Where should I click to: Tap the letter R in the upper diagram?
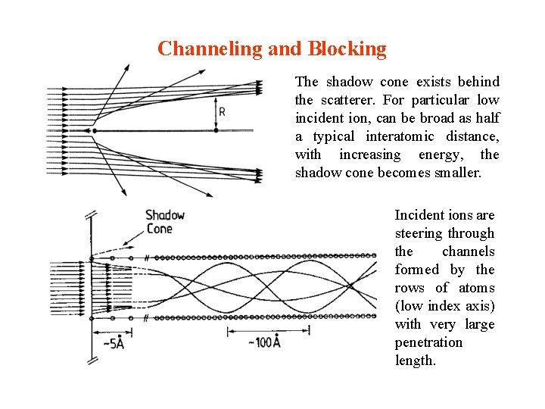coord(222,112)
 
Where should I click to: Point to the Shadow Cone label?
coord(165,222)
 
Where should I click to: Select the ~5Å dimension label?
coord(114,344)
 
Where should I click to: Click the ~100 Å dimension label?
coord(264,343)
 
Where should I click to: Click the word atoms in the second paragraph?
coord(477,288)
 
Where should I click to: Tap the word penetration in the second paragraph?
coord(428,342)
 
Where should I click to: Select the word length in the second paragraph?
coord(416,361)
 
